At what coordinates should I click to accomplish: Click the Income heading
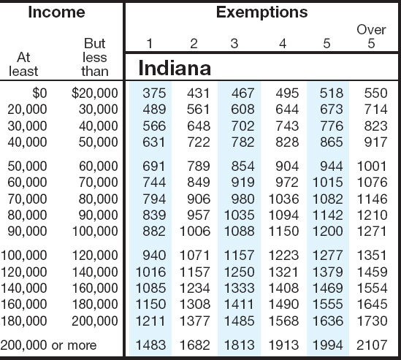(x=56, y=12)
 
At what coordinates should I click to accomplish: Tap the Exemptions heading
(x=262, y=12)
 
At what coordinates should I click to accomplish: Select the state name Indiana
(x=175, y=68)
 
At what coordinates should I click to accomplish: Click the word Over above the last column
(x=371, y=30)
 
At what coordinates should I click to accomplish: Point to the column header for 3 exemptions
(x=234, y=44)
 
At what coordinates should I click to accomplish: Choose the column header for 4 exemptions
(x=283, y=44)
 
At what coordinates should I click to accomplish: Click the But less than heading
(x=95, y=57)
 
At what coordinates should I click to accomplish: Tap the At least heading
(x=23, y=64)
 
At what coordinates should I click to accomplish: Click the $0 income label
(x=39, y=93)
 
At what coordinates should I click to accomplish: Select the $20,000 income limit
(x=95, y=93)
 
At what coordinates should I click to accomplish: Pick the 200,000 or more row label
(x=49, y=345)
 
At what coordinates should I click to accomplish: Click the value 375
(x=154, y=93)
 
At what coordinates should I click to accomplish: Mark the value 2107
(x=372, y=345)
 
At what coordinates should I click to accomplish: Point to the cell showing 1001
(x=372, y=166)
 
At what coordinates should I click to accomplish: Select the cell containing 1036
(x=283, y=199)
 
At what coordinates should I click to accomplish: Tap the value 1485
(x=239, y=321)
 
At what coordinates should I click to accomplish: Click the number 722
(x=199, y=142)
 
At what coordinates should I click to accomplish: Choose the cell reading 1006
(x=195, y=231)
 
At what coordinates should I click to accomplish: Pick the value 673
(x=332, y=110)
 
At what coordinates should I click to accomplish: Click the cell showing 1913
(x=283, y=345)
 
